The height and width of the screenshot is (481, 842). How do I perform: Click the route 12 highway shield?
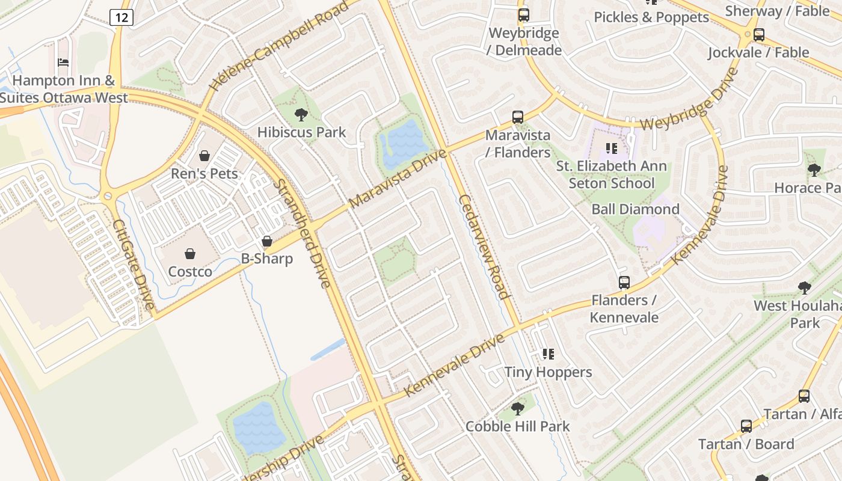click(x=121, y=17)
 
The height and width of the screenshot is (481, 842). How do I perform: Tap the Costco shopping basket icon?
click(x=190, y=254)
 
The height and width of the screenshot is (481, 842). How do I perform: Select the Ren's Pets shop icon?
click(x=204, y=156)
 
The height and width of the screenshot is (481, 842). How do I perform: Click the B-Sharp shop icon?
click(x=267, y=241)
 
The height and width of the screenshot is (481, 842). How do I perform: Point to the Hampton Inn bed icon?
click(x=63, y=63)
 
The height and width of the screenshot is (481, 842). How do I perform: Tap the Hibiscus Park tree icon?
click(x=301, y=114)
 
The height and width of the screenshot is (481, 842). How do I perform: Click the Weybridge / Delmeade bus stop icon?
click(x=524, y=15)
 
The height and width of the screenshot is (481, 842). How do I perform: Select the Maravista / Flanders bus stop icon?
click(x=518, y=117)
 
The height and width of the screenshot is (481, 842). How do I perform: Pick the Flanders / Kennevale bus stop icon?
click(x=624, y=283)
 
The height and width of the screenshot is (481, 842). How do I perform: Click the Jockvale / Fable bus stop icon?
click(x=759, y=35)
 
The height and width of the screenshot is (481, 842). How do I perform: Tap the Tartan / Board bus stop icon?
click(x=746, y=426)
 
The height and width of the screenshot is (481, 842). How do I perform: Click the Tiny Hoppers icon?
click(x=548, y=354)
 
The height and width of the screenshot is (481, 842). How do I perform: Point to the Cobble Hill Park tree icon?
click(x=517, y=409)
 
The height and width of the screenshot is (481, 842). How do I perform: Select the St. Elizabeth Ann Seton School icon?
click(x=612, y=148)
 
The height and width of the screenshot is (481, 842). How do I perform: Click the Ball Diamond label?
click(x=636, y=209)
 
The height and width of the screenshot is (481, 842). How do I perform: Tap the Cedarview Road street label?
click(x=484, y=247)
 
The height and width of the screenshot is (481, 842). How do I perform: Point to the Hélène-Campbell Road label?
click(x=278, y=46)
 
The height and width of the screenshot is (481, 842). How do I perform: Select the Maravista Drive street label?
click(x=398, y=178)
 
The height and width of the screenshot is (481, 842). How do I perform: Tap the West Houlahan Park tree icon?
click(x=804, y=288)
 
